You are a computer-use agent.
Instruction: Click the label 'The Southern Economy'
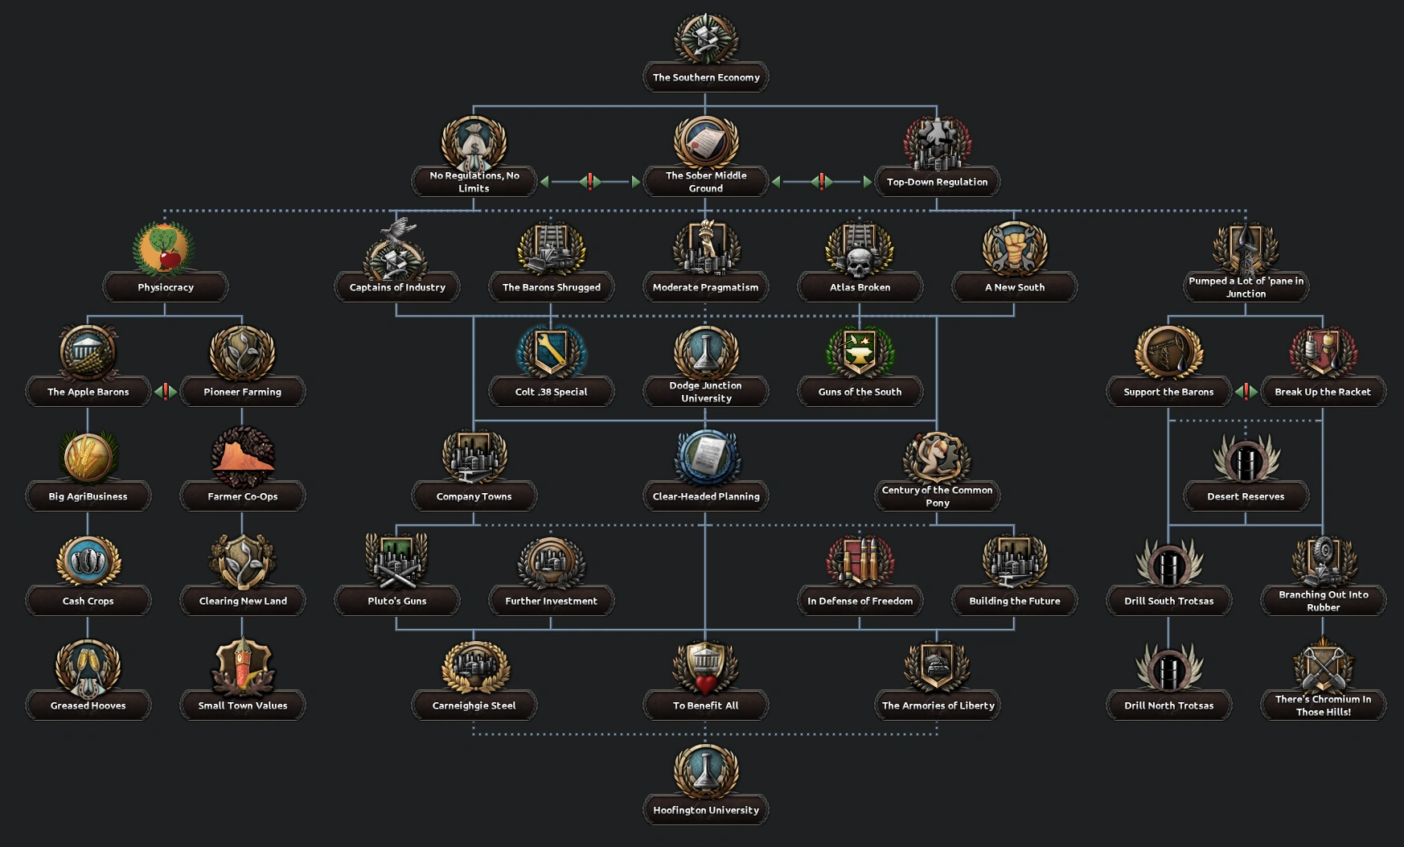[706, 77]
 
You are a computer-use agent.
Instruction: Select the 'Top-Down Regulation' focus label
[937, 182]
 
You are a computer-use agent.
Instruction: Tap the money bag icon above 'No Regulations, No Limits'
[474, 143]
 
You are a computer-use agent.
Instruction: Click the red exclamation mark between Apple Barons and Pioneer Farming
[166, 392]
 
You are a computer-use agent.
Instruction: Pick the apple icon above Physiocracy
[165, 249]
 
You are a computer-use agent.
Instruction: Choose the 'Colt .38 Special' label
[551, 392]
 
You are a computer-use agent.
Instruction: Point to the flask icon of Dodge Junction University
[705, 351]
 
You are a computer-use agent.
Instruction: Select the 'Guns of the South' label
[860, 392]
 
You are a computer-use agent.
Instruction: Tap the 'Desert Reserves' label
[1246, 496]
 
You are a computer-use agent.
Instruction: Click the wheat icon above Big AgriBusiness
[88, 457]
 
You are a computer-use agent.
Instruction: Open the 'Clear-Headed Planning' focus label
[705, 496]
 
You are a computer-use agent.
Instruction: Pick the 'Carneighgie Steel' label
[474, 705]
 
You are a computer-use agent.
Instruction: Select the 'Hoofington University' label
[705, 810]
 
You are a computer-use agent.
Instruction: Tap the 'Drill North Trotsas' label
[1168, 705]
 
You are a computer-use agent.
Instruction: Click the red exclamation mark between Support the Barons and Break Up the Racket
[1246, 392]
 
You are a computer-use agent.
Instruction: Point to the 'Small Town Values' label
[242, 705]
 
